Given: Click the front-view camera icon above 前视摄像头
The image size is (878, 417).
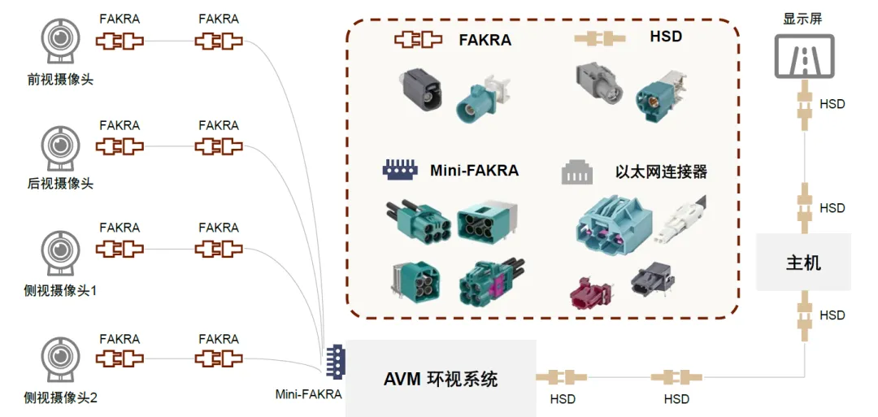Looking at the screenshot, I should coord(60,41).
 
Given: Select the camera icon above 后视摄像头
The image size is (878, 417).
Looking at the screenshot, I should coord(60,148).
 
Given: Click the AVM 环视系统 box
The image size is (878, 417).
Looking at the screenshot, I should coord(441,379).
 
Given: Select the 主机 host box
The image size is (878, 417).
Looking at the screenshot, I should coord(802,263).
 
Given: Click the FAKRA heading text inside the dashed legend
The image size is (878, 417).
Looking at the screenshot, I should coord(485,38).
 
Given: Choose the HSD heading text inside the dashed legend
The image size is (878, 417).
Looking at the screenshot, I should coord(665,37).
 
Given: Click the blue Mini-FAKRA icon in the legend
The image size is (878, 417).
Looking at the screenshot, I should coord(400,170).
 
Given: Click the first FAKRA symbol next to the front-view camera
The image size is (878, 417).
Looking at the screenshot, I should coord(120,41).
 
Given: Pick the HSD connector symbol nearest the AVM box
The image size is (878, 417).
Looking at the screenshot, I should coord(562,377).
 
